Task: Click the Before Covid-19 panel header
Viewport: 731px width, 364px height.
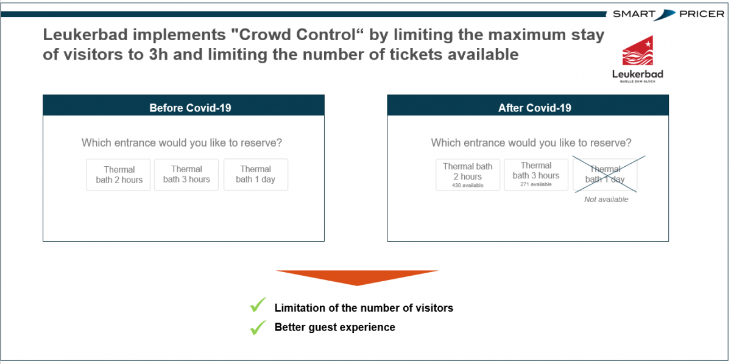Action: (x=183, y=105)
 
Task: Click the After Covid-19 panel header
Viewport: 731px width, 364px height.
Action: (x=528, y=105)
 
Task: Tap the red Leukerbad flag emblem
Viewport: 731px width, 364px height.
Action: (x=638, y=51)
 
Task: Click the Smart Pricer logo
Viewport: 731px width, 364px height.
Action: (x=668, y=14)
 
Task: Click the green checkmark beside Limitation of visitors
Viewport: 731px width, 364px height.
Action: (x=258, y=305)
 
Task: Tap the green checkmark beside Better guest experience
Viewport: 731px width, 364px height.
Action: (x=258, y=327)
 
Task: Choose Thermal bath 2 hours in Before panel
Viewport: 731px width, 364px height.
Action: (x=118, y=175)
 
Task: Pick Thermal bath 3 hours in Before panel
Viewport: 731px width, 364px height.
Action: (x=186, y=175)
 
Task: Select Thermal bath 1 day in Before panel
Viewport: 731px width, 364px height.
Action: (x=256, y=175)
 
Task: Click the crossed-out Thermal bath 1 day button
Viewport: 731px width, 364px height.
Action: (x=605, y=175)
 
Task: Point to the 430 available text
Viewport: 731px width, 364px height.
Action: (x=468, y=185)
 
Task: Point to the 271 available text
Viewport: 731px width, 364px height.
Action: (x=536, y=184)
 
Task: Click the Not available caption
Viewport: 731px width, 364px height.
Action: (x=606, y=200)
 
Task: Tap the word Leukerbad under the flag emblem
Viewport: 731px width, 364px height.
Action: (x=638, y=74)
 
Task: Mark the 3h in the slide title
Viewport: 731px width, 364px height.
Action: (x=158, y=54)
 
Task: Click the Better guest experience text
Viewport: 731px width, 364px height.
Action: (x=335, y=327)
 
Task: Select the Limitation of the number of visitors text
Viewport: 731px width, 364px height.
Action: (x=364, y=308)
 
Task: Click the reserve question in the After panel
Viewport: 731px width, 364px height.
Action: (x=531, y=143)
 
